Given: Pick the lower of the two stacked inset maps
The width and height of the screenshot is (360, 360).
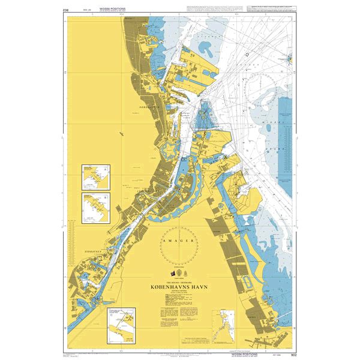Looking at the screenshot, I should click(x=97, y=205).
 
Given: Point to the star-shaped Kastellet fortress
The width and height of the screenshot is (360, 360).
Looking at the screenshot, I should click(x=174, y=146).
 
